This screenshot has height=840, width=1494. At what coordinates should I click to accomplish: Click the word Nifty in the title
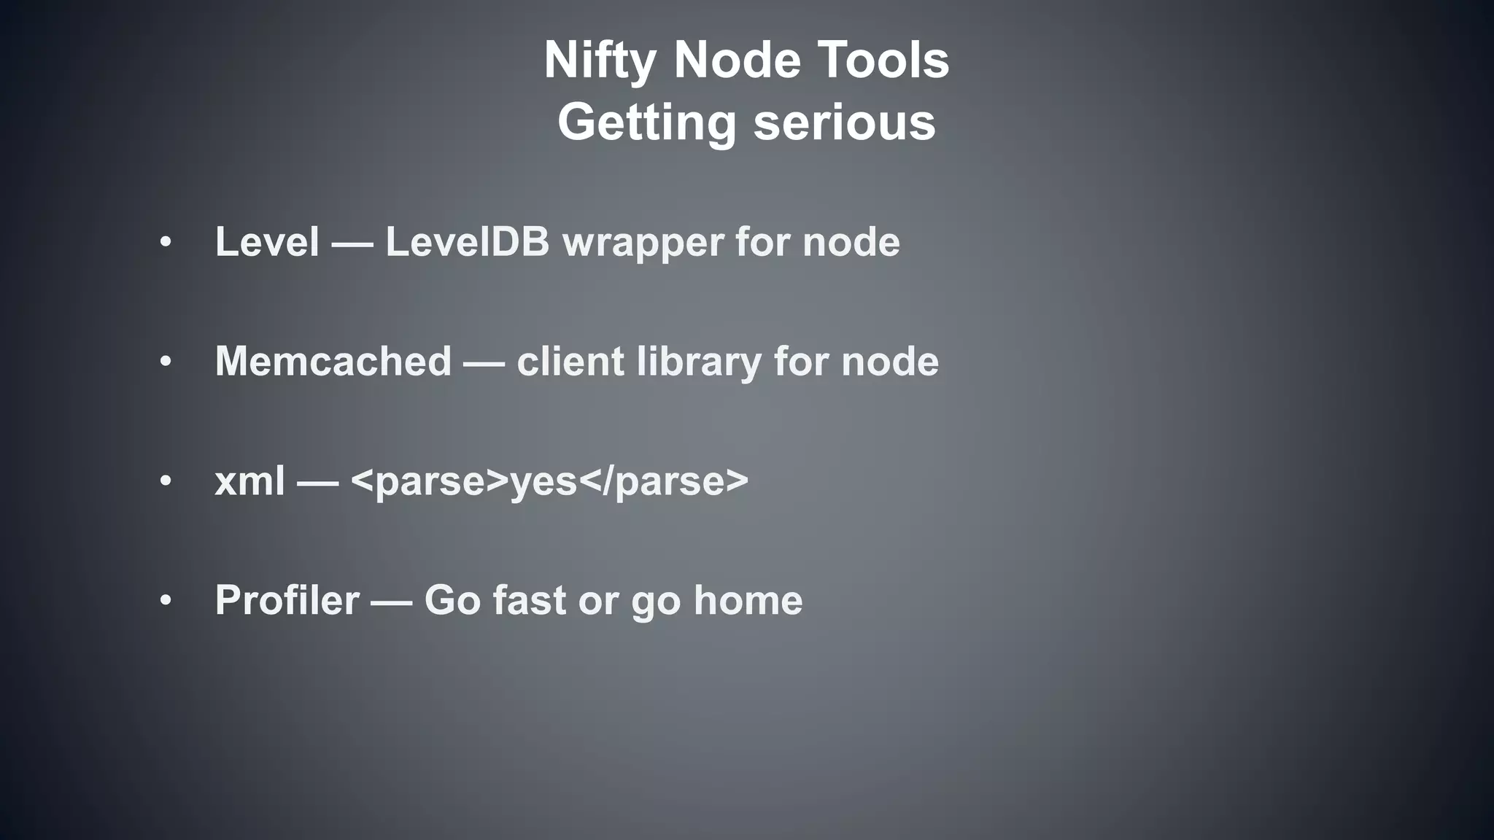(x=600, y=61)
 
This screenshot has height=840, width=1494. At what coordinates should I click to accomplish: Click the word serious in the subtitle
(x=844, y=122)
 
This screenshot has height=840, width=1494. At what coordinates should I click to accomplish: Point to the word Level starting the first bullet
(x=267, y=241)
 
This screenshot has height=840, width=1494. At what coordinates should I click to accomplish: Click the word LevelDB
(x=467, y=241)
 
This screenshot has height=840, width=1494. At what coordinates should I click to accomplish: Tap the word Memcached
(x=333, y=361)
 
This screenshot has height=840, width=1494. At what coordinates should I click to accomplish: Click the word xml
(x=249, y=481)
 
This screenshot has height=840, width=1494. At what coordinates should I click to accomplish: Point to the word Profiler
(x=287, y=601)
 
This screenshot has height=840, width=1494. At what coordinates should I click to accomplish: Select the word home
(x=748, y=601)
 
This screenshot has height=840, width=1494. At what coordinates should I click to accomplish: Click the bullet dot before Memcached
(x=166, y=362)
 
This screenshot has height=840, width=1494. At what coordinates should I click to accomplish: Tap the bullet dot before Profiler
(x=166, y=601)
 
